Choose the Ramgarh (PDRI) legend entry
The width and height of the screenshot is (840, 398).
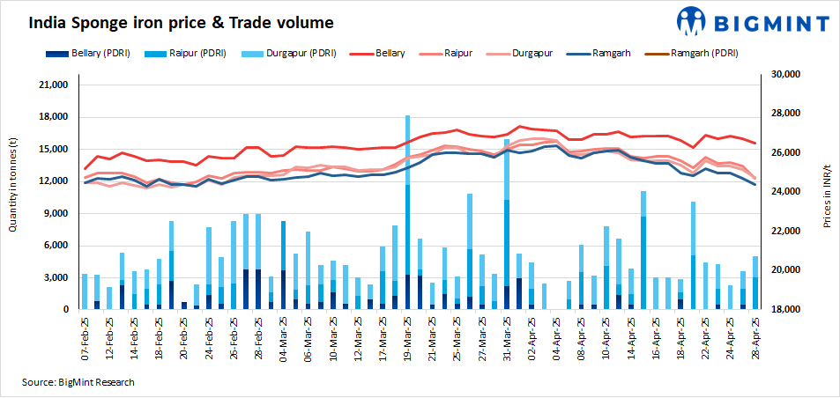point(697,54)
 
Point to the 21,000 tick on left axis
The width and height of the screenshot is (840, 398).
point(50,85)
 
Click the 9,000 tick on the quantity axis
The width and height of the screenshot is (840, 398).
point(53,213)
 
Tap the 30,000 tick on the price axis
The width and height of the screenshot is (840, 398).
point(784,76)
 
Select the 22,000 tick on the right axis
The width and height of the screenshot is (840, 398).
point(784,231)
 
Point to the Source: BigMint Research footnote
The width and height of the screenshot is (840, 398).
point(78,382)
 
